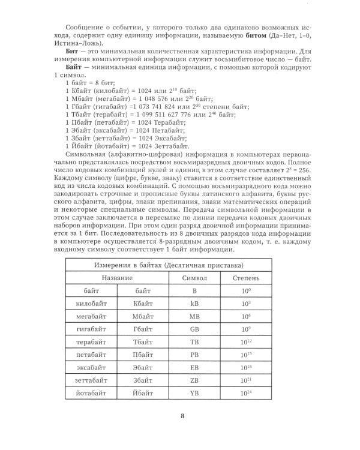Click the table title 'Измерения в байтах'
179,265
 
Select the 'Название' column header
117,278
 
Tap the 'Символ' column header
194,278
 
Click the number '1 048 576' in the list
160,98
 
